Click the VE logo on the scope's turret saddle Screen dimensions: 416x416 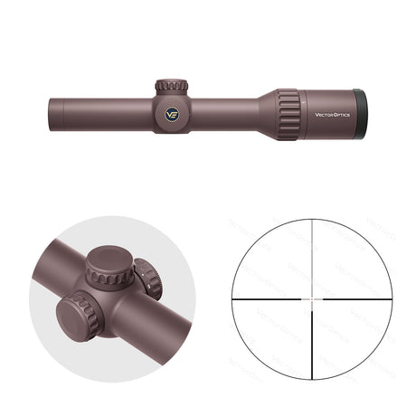[x=172, y=114]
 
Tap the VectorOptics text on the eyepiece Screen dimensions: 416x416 [x=331, y=114]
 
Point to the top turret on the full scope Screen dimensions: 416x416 [x=171, y=88]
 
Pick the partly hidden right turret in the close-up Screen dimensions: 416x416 [x=147, y=279]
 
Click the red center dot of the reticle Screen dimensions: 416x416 [x=313, y=297]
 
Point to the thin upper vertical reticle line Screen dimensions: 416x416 [x=313, y=253]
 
